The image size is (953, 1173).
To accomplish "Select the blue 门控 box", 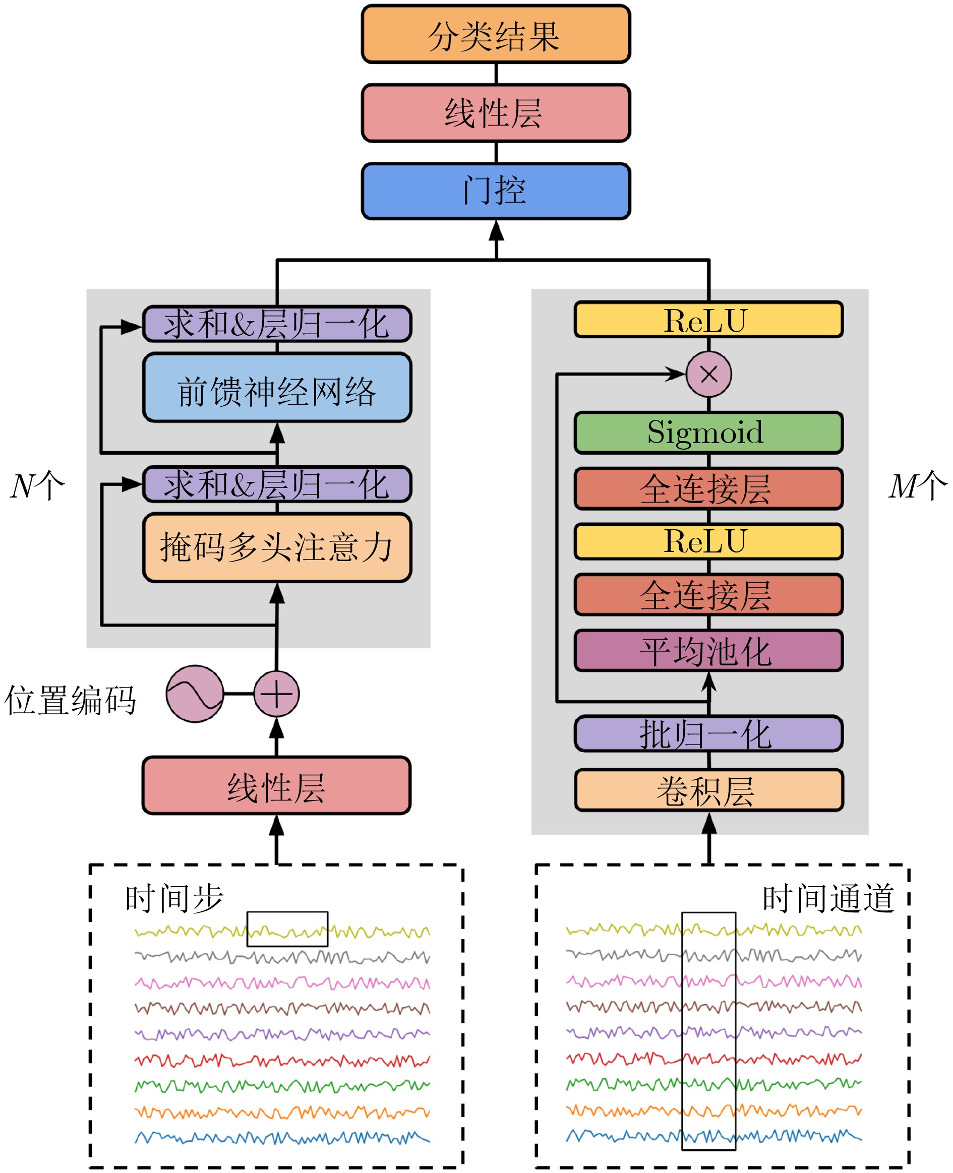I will click(x=495, y=191).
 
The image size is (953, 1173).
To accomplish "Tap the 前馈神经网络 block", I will click(x=277, y=388).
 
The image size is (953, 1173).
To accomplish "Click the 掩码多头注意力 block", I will click(x=277, y=547).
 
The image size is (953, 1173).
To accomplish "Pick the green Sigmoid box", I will click(x=708, y=433).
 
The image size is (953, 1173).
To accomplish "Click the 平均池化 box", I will click(x=708, y=651).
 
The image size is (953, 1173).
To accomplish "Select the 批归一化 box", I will click(x=708, y=733).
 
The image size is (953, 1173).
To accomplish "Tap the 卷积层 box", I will click(x=708, y=790).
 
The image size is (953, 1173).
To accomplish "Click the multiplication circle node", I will click(x=709, y=375).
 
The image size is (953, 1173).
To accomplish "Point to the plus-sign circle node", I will click(x=276, y=694).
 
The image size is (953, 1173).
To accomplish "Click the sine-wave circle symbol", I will click(x=195, y=694).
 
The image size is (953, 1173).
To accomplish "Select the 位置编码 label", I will click(x=70, y=701).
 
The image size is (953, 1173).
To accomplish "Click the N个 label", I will click(x=37, y=486).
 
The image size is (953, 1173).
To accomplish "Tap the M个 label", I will click(x=917, y=486).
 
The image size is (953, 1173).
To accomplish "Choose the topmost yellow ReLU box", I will click(x=708, y=320).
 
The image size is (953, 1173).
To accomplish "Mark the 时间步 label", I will click(x=174, y=899).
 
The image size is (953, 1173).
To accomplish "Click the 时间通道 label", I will click(x=828, y=899).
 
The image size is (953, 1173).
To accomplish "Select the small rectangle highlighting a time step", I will click(x=287, y=930).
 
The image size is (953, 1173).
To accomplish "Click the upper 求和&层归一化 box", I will click(x=277, y=324).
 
